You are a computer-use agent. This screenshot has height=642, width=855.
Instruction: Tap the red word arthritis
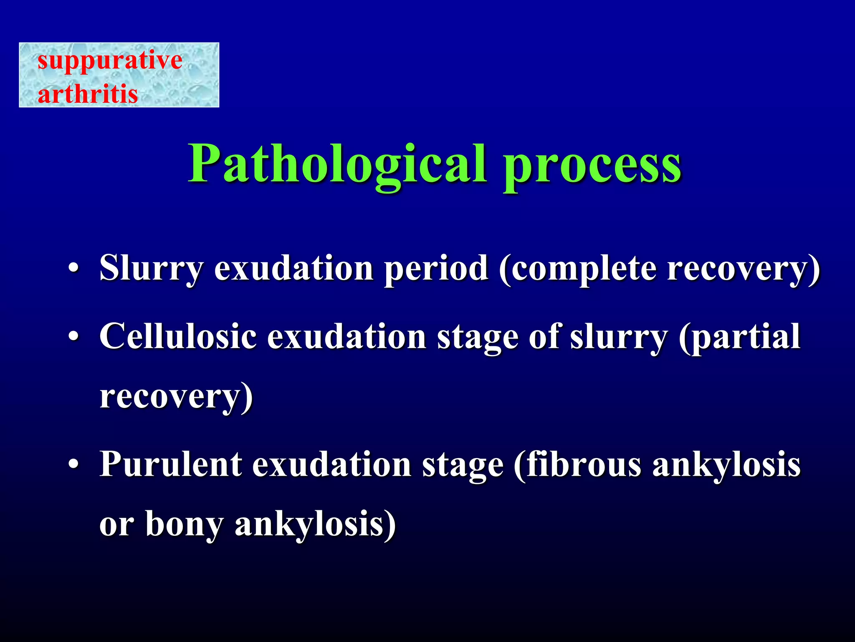point(88,93)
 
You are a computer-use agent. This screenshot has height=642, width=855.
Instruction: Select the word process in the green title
point(592,166)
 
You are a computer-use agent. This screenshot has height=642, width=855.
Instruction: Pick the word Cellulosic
point(178,336)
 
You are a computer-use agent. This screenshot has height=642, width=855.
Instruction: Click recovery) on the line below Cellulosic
point(176,397)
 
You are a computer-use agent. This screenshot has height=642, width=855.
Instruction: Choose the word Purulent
point(170,464)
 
